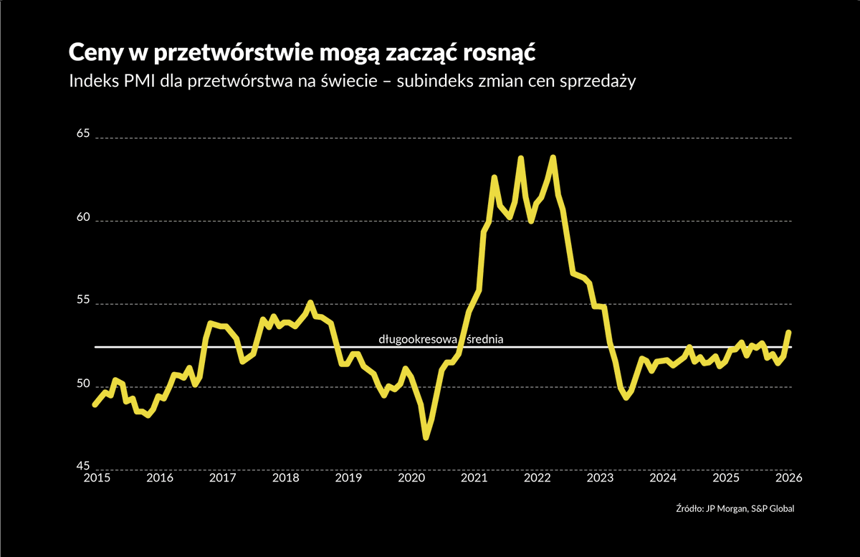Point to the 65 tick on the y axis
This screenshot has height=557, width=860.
pyautogui.click(x=85, y=133)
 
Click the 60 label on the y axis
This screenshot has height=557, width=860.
pyautogui.click(x=85, y=217)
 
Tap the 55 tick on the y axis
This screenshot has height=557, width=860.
pyautogui.click(x=85, y=300)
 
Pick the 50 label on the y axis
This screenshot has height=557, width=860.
pyautogui.click(x=85, y=384)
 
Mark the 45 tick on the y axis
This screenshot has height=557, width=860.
pyautogui.click(x=85, y=466)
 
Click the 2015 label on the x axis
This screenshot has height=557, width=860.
pyautogui.click(x=96, y=478)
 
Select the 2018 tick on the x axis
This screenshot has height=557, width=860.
pyautogui.click(x=285, y=478)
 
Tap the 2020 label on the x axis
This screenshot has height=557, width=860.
pyautogui.click(x=411, y=478)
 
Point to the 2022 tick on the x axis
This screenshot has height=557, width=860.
pyautogui.click(x=537, y=478)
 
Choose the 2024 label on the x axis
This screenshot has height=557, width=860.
pyautogui.click(x=663, y=478)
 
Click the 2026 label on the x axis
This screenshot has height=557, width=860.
pyautogui.click(x=788, y=478)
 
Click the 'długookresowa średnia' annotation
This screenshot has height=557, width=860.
pyautogui.click(x=441, y=339)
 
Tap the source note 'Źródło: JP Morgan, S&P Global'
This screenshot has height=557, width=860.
pyautogui.click(x=735, y=508)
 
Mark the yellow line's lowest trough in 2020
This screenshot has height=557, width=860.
pyautogui.click(x=426, y=437)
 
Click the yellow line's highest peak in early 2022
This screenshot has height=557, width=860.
pyautogui.click(x=553, y=157)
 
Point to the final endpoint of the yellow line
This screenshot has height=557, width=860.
pyautogui.click(x=788, y=332)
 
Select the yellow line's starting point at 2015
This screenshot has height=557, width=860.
pyautogui.click(x=95, y=404)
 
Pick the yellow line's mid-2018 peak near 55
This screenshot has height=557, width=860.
pyautogui.click(x=310, y=303)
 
